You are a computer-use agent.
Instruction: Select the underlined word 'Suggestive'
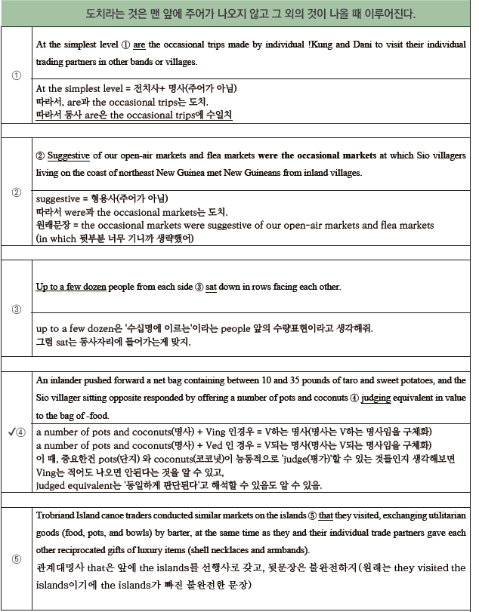coord(69,156)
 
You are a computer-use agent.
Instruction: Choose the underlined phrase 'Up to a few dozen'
coord(71,288)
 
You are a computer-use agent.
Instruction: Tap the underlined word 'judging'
coord(378,398)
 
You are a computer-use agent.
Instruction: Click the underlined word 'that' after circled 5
coord(326,515)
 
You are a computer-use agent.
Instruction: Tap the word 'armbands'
coord(286,549)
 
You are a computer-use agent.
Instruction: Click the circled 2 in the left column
coord(16,192)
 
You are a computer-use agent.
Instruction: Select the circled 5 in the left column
coord(16,559)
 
